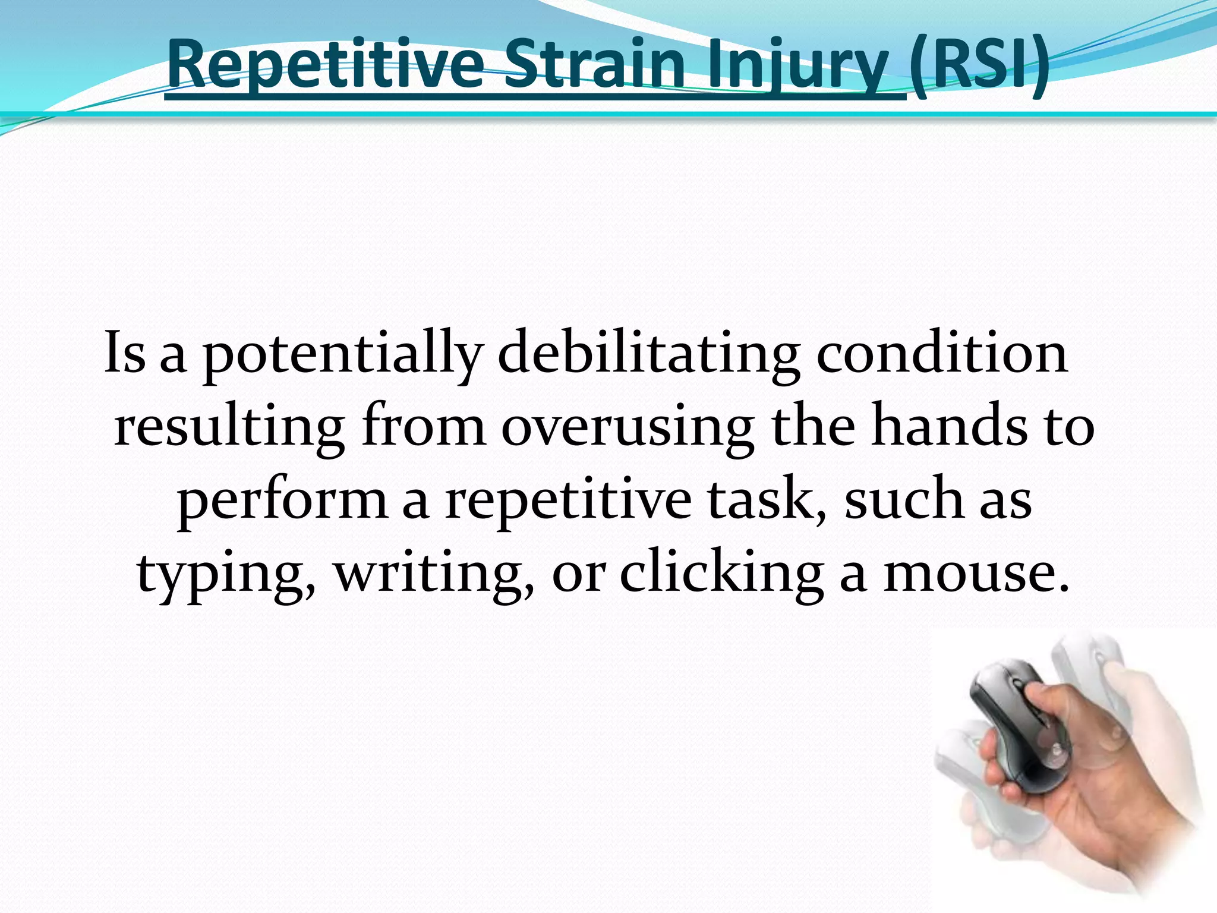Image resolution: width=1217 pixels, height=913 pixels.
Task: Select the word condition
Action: coord(942,354)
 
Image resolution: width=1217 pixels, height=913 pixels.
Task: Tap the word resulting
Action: coord(229,428)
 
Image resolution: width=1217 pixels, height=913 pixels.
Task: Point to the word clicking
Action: coord(722,573)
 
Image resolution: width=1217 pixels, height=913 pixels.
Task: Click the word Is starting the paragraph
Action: coord(125,354)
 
